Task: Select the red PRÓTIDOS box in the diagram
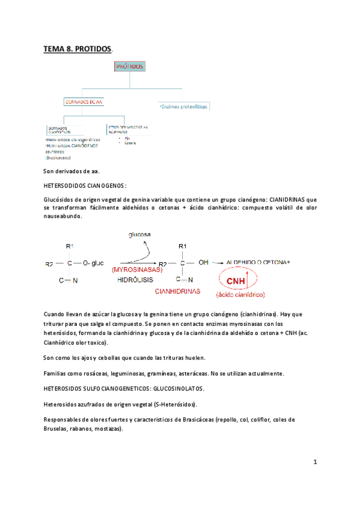(130, 67)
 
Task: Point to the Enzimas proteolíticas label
(184, 106)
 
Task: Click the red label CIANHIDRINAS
(178, 292)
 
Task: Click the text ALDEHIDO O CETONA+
(260, 262)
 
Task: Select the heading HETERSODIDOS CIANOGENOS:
(86, 186)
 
